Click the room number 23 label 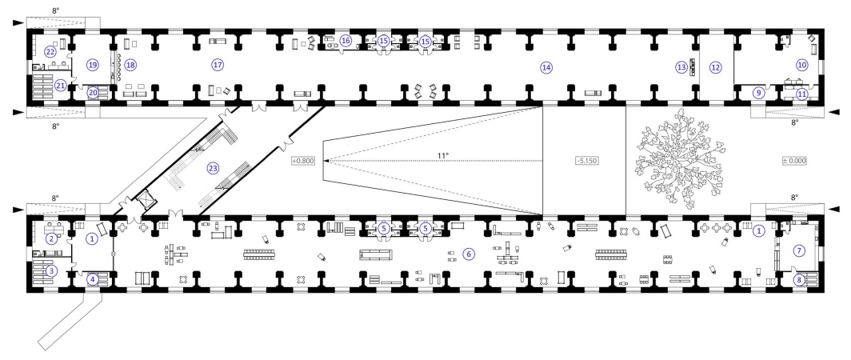pos(212,169)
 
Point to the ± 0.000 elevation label pos(793,160)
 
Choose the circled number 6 pos(469,254)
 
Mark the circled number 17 pos(215,63)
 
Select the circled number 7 pos(797,250)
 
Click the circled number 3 pos(50,271)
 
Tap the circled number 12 pos(716,67)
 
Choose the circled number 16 pos(346,40)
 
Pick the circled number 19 pos(93,64)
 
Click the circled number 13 pos(681,67)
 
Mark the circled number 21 pos(60,85)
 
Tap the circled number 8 pos(799,280)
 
